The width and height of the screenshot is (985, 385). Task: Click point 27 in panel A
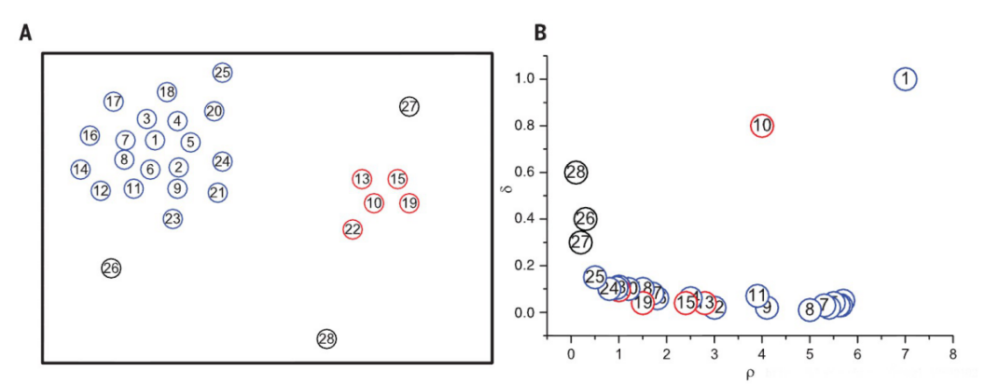pyautogui.click(x=409, y=106)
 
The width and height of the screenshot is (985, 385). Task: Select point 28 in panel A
pyautogui.click(x=326, y=338)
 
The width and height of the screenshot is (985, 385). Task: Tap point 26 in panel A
pyautogui.click(x=111, y=268)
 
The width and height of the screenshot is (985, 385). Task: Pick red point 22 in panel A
pyautogui.click(x=353, y=228)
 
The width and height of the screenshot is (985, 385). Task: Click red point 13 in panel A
pyautogui.click(x=362, y=179)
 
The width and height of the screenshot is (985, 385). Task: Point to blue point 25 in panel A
pyautogui.click(x=222, y=73)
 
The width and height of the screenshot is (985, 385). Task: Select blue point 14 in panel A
pyautogui.click(x=80, y=170)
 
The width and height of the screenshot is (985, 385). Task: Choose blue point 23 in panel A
pyautogui.click(x=173, y=219)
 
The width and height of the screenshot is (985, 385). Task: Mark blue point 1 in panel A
pyautogui.click(x=155, y=140)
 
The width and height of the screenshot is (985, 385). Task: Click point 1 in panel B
pyautogui.click(x=906, y=79)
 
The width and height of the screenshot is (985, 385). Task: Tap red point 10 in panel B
pyautogui.click(x=762, y=126)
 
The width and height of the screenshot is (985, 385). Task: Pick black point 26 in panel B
pyautogui.click(x=585, y=219)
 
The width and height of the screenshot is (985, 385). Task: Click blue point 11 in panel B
pyautogui.click(x=757, y=296)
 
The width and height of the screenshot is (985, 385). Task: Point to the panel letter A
pyautogui.click(x=26, y=34)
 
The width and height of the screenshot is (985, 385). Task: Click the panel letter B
pyautogui.click(x=540, y=34)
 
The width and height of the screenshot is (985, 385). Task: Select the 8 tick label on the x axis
pyautogui.click(x=953, y=355)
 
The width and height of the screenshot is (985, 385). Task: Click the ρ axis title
pyautogui.click(x=750, y=375)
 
